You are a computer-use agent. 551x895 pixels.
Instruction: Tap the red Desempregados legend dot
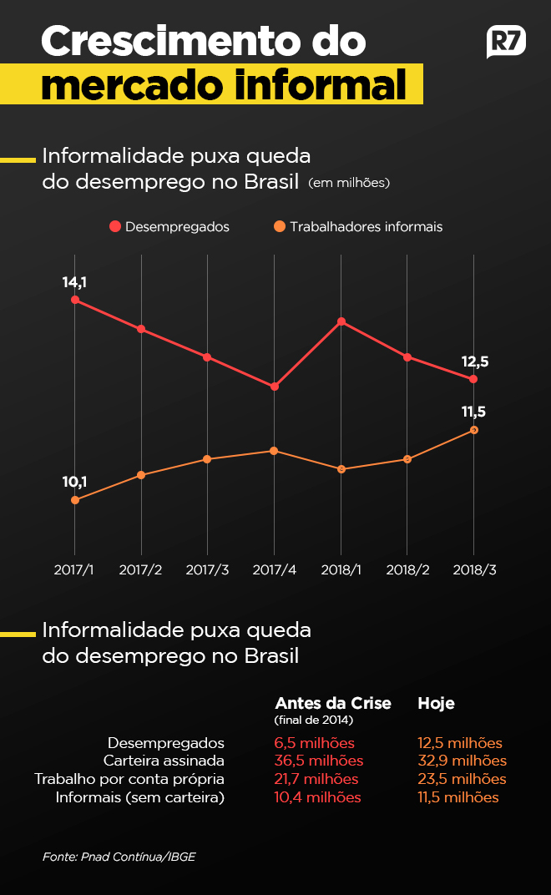114,226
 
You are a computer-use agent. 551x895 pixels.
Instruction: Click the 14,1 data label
74,282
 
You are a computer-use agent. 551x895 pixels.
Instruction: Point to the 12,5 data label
474,362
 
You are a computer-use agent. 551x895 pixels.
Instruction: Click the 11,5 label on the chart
473,412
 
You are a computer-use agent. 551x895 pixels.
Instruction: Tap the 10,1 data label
74,481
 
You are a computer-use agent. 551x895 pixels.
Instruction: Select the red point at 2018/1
341,321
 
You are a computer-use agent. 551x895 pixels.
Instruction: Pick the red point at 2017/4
274,387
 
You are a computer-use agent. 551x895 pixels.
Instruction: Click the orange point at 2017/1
75,500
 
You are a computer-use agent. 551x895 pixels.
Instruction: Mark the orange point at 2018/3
474,430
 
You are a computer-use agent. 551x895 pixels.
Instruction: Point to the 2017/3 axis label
207,569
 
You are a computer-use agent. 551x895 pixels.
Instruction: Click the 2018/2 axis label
407,569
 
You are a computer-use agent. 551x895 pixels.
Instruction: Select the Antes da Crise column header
332,703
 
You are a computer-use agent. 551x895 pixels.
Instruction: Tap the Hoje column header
436,703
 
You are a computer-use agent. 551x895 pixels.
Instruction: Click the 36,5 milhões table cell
318,761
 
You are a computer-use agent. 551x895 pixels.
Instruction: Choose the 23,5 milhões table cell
462,779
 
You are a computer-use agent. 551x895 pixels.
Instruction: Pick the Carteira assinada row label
164,761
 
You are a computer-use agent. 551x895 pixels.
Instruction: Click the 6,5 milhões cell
314,742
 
